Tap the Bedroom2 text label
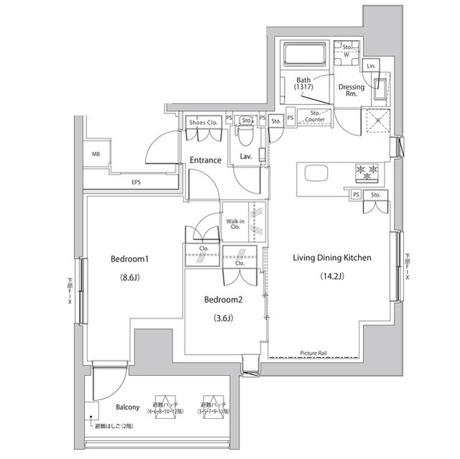pos(222,300)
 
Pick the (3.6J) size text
pos(222,318)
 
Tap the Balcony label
pos(127,407)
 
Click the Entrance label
pos(205,159)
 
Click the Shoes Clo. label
pos(203,122)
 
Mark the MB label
pos(96,154)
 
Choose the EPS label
pos(136,182)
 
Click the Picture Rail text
pos(313,353)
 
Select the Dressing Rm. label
pos(351,91)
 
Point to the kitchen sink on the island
pos(317,173)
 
